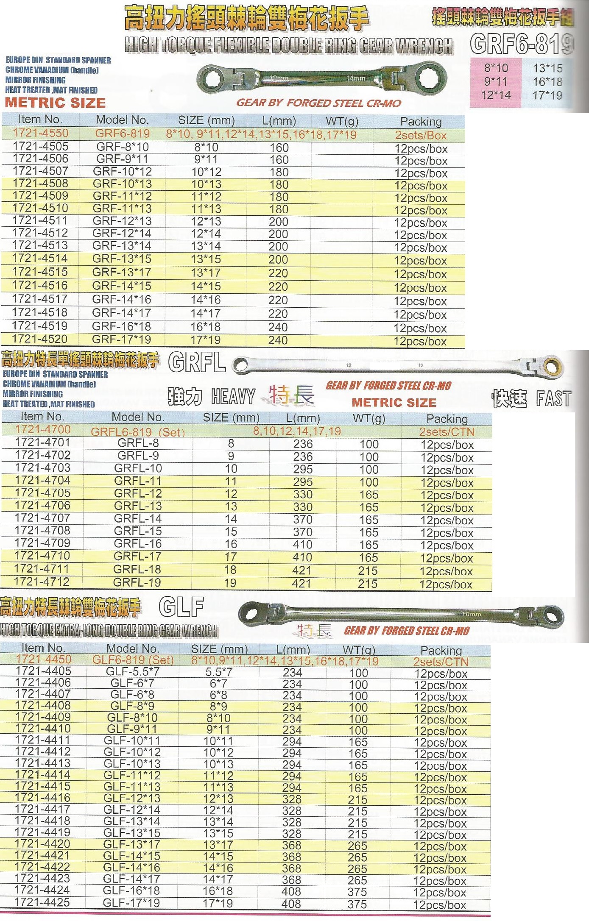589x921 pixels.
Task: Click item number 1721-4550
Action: pyautogui.click(x=40, y=133)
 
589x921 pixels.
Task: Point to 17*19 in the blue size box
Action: pyautogui.click(x=547, y=95)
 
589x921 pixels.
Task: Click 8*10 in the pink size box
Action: pyautogui.click(x=496, y=68)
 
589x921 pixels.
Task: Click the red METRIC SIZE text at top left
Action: pyautogui.click(x=55, y=103)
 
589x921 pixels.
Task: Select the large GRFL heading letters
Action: pyautogui.click(x=197, y=363)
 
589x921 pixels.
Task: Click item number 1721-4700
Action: pyautogui.click(x=42, y=429)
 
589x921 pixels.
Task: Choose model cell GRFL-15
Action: pyautogui.click(x=138, y=531)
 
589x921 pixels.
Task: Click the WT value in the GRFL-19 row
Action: pyautogui.click(x=368, y=584)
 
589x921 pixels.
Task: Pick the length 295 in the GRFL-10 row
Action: pyautogui.click(x=302, y=469)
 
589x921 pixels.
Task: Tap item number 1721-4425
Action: pyautogui.click(x=42, y=902)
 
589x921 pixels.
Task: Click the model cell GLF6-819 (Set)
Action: pyautogui.click(x=133, y=660)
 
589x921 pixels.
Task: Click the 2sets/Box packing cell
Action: pyautogui.click(x=420, y=136)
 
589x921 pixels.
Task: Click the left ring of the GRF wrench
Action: pyautogui.click(x=210, y=78)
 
